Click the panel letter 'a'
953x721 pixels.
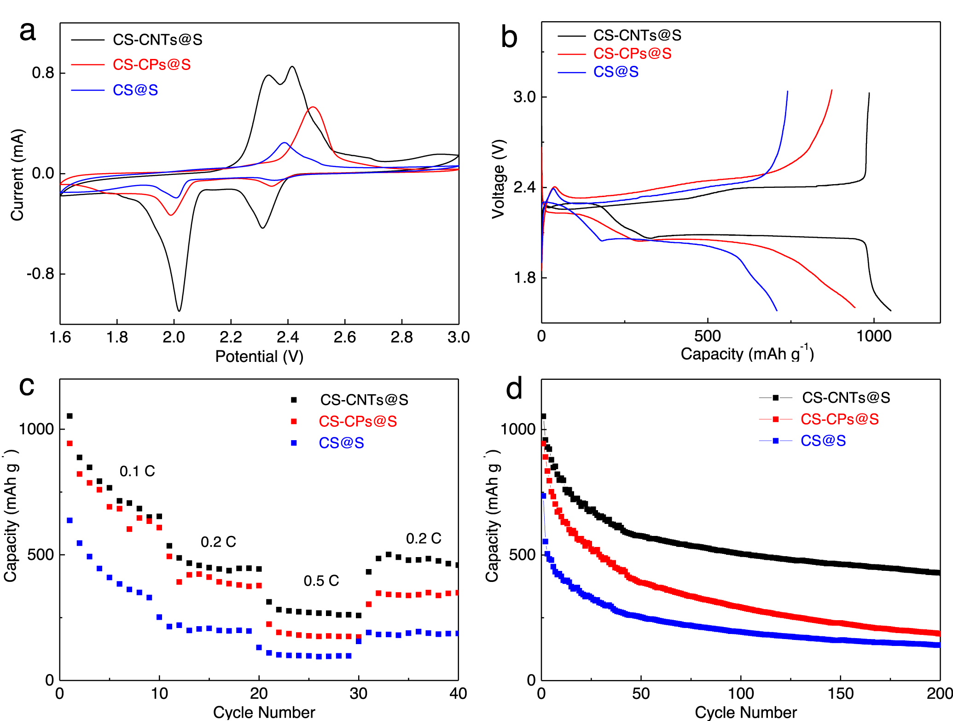click(x=28, y=32)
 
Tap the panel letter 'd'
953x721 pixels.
click(x=514, y=389)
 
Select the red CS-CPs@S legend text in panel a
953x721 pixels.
click(x=151, y=64)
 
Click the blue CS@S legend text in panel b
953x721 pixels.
click(x=616, y=72)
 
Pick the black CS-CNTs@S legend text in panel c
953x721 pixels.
click(x=364, y=400)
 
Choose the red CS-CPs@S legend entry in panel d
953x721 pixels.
click(x=839, y=419)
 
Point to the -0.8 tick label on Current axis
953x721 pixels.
click(x=40, y=274)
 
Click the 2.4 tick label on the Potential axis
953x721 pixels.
click(x=288, y=337)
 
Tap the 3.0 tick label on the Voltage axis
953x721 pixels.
click(x=524, y=97)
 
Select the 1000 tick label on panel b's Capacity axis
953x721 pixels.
click(x=873, y=336)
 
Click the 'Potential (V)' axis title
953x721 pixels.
click(x=259, y=356)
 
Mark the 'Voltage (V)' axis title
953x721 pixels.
click(x=499, y=179)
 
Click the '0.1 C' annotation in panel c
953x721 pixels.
click(x=137, y=471)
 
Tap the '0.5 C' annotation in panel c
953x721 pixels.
click(x=321, y=581)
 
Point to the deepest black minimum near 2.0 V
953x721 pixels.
click(x=179, y=310)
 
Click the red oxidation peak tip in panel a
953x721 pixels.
click(x=313, y=107)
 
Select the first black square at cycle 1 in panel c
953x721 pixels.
click(x=70, y=416)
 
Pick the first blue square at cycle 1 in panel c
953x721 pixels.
click(x=70, y=520)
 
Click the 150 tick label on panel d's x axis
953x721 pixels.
click(x=840, y=693)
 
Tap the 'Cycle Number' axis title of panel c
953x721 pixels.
click(x=264, y=712)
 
